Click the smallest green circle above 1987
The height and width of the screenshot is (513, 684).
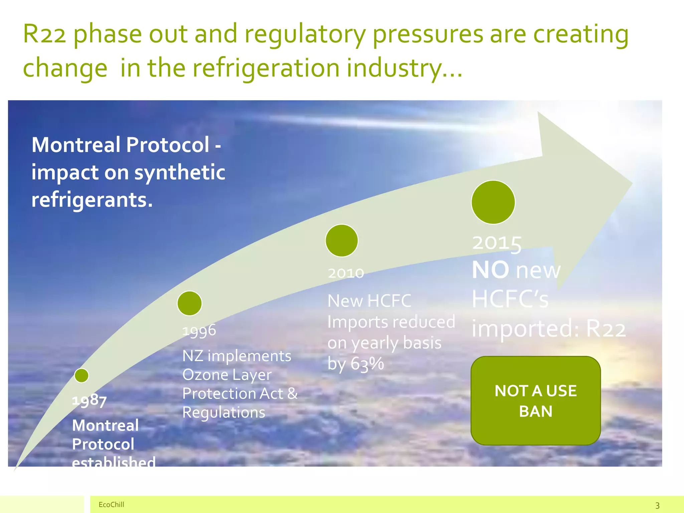(x=81, y=375)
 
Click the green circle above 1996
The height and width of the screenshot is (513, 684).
(x=189, y=303)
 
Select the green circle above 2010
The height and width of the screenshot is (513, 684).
(x=342, y=240)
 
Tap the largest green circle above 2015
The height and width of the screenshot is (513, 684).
(x=493, y=202)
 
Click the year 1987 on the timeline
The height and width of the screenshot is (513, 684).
(x=89, y=400)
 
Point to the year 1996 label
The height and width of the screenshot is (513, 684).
(x=199, y=331)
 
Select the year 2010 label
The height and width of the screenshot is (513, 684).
(x=346, y=273)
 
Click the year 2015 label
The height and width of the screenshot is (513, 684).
(x=497, y=243)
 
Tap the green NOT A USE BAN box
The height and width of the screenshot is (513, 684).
(x=535, y=400)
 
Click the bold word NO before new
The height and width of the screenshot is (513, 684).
(x=490, y=270)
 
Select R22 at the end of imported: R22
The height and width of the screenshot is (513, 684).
(x=606, y=329)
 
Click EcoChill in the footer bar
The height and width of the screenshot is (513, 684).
(x=111, y=504)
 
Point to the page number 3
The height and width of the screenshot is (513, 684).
(x=657, y=505)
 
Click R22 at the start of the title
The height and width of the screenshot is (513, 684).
(x=44, y=34)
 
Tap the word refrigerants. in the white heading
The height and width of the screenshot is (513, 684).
(x=92, y=200)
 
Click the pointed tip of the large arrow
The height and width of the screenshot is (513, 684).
(x=632, y=183)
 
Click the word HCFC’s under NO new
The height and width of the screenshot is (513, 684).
(x=510, y=299)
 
